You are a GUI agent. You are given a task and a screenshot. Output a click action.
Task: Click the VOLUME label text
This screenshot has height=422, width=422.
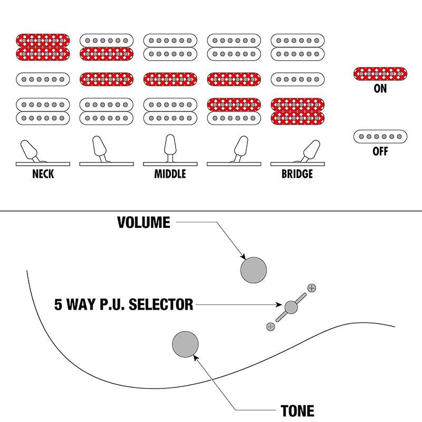click(x=143, y=222)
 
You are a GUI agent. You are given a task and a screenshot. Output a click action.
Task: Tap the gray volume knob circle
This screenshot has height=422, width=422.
click(x=254, y=270)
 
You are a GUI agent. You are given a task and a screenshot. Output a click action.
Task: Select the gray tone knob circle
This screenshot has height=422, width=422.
click(x=186, y=344)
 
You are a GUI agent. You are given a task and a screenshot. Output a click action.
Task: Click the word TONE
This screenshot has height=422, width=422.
click(x=297, y=411)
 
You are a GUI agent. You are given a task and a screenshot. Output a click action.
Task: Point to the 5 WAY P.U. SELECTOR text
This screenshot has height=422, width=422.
click(x=124, y=304)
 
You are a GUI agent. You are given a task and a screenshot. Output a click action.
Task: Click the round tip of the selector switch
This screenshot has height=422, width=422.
click(x=291, y=307)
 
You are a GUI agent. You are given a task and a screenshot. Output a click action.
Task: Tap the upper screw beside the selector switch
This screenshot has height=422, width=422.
click(x=312, y=287)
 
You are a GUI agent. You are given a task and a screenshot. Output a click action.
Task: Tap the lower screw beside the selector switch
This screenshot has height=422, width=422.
click(x=271, y=327)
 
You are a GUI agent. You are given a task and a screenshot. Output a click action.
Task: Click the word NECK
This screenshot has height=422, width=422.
click(x=43, y=174)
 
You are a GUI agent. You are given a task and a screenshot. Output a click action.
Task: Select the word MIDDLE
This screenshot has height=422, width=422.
click(x=170, y=174)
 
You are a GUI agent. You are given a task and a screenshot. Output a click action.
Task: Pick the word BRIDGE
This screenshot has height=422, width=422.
click(x=297, y=174)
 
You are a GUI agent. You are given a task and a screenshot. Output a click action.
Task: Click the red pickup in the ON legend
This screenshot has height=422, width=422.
click(x=380, y=74)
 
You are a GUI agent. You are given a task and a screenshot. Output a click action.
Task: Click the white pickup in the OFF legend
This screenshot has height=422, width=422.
click(x=380, y=137)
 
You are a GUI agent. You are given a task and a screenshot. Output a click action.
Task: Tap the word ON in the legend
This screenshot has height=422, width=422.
click(x=380, y=89)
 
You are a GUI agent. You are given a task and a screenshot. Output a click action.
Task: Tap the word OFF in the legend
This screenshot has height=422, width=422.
click(x=380, y=151)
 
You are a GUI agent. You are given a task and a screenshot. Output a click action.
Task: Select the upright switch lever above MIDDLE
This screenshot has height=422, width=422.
click(x=170, y=148)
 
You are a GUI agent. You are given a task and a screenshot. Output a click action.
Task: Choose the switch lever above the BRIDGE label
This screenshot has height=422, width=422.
click(x=310, y=151)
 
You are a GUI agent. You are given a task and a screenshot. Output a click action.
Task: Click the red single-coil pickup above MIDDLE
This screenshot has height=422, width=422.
click(x=170, y=79)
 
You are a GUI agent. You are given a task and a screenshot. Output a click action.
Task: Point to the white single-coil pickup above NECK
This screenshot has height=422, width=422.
click(x=43, y=79)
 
